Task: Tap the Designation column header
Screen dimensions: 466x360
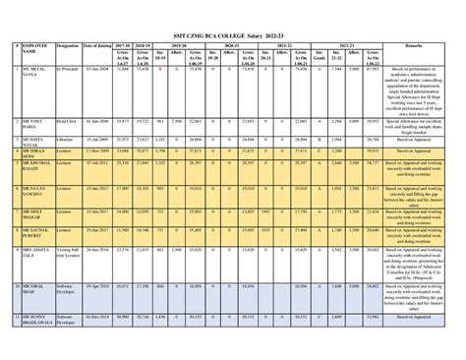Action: coord(69,45)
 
